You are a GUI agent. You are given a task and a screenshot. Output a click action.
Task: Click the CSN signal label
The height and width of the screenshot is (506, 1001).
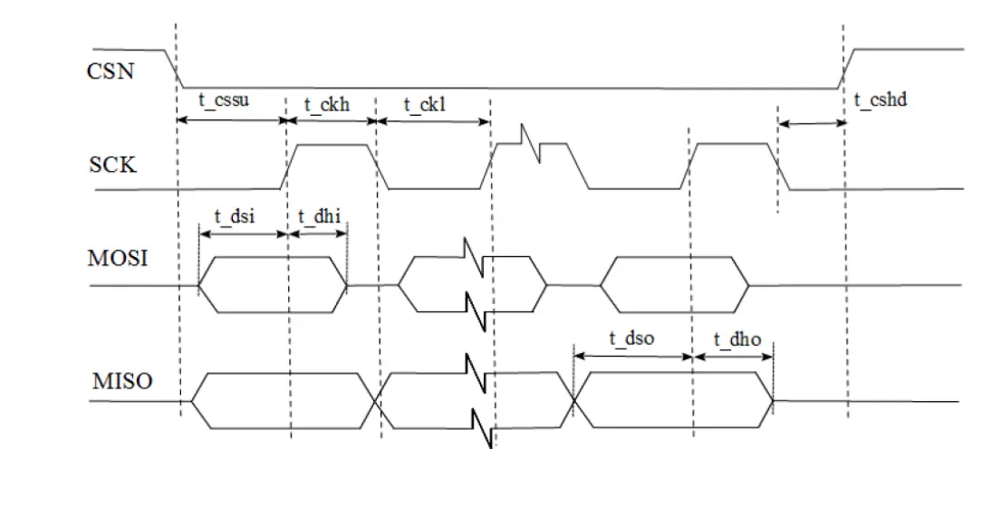tap(111, 70)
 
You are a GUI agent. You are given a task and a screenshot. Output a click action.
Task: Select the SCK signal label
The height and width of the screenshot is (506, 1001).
tap(112, 166)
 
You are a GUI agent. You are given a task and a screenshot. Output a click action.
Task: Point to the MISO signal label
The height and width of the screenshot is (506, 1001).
tap(122, 381)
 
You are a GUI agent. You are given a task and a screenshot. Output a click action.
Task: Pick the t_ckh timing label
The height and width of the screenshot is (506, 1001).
tap(326, 104)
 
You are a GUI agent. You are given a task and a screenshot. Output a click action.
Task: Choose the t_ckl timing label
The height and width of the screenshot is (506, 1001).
tap(425, 104)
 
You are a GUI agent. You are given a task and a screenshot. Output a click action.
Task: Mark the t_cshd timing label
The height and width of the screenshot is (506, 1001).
tap(881, 100)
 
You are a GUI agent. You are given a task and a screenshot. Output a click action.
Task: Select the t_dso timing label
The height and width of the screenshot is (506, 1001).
tap(631, 339)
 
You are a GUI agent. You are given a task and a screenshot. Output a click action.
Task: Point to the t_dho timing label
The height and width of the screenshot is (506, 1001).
tap(736, 339)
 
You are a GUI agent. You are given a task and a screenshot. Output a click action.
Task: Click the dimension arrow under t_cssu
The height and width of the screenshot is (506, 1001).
tap(231, 120)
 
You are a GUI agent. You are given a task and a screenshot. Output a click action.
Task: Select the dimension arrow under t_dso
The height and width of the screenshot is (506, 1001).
tap(632, 357)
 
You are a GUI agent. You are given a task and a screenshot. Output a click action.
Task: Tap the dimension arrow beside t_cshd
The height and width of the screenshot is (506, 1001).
tap(811, 124)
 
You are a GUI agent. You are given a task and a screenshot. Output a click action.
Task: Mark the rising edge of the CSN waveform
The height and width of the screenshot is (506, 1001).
tap(847, 68)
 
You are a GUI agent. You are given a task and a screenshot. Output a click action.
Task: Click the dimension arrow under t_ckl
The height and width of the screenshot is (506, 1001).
tap(432, 121)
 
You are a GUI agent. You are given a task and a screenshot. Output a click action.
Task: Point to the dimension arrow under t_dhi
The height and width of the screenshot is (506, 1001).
tap(317, 233)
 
